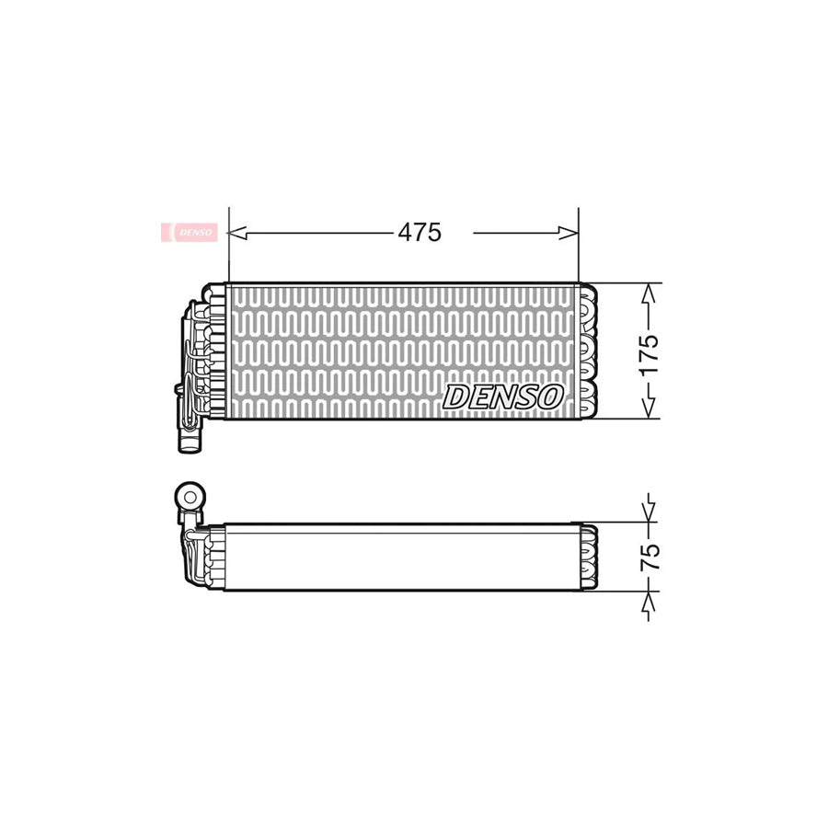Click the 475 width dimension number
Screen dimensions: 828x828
pos(420,233)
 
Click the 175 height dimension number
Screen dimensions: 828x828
pos(650,355)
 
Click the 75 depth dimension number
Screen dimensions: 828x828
pos(650,557)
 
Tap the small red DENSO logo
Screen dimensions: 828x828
pos(189,232)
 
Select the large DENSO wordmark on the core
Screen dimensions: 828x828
pos(502,397)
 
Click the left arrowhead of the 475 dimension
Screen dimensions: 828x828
pos(237,233)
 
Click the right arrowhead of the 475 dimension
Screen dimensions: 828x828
pos(569,233)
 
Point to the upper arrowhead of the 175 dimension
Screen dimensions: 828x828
pos(649,293)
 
